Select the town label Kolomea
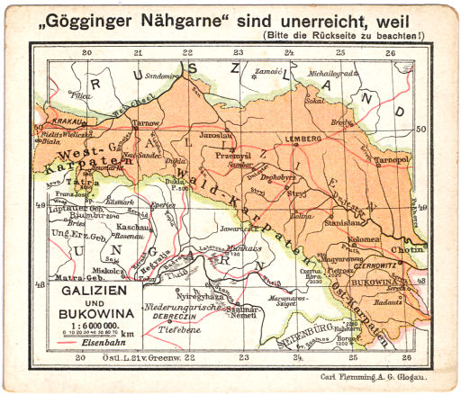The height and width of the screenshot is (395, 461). (x=364, y=240)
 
